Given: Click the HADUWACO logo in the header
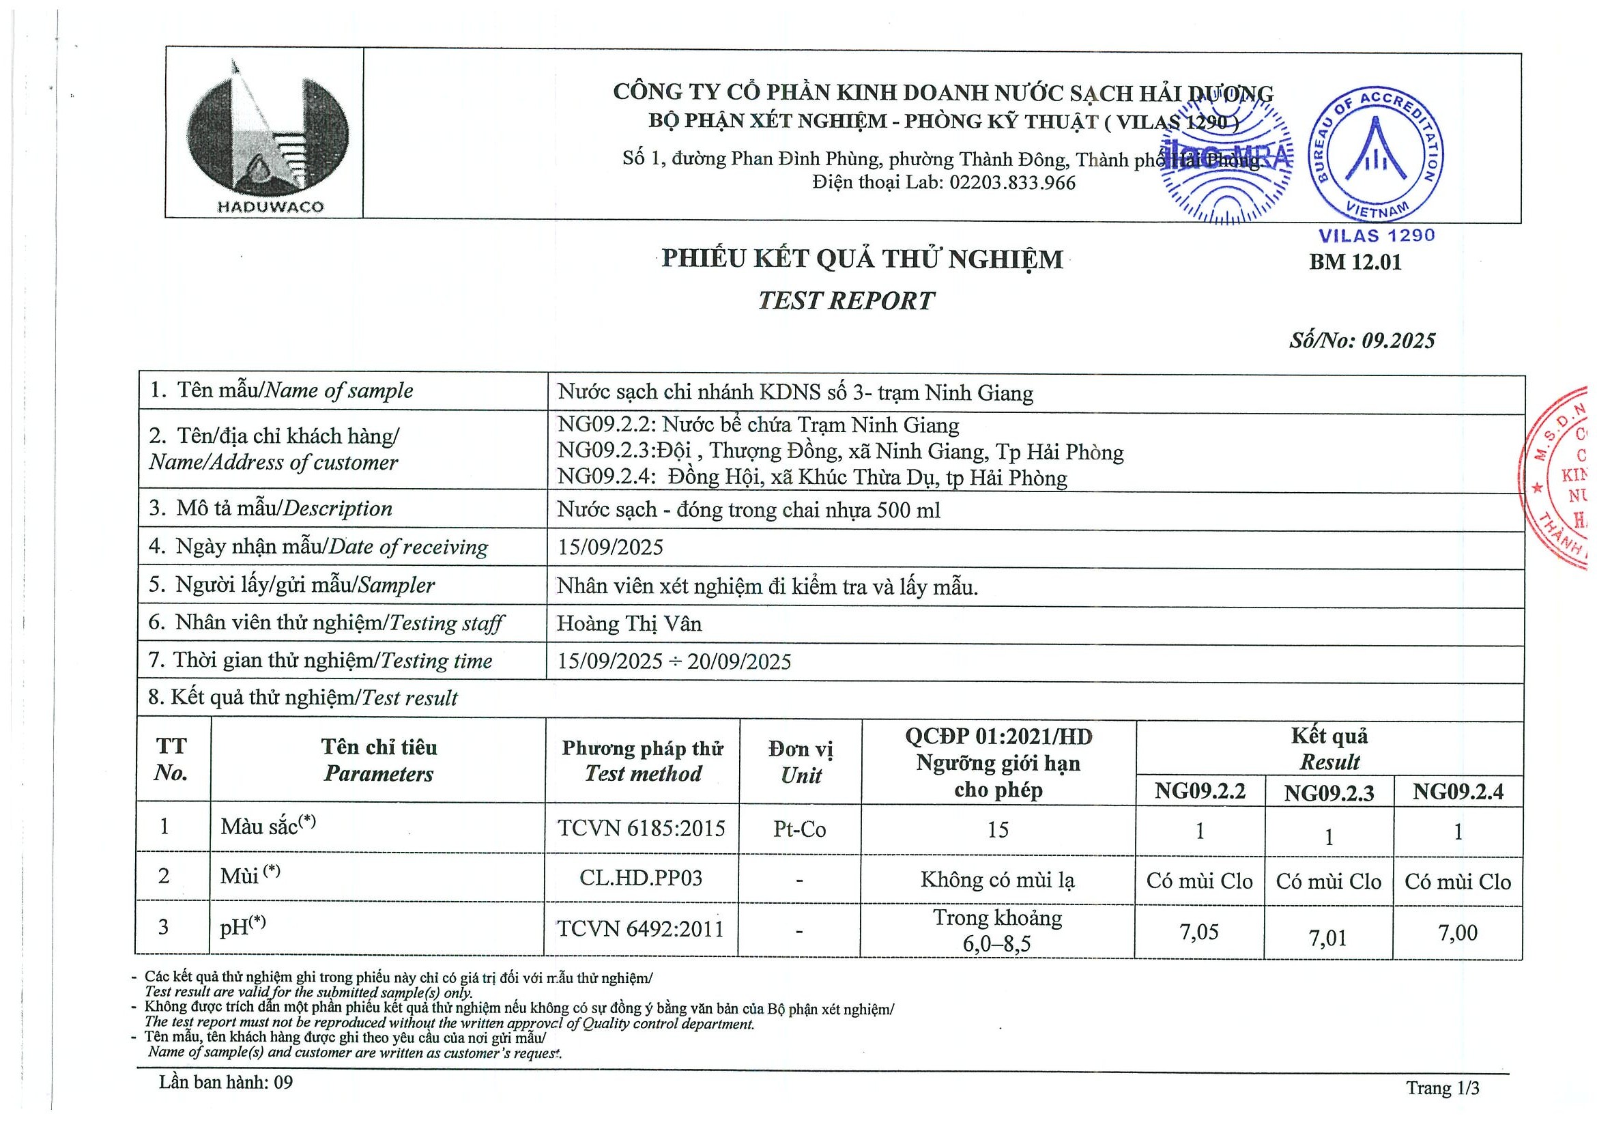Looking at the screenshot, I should coord(268,136).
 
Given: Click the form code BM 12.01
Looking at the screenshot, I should coord(1355,262).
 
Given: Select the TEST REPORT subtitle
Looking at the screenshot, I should coord(846,300).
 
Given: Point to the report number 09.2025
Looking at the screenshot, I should coord(1398,340).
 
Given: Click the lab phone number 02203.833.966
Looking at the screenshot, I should coord(1012,183).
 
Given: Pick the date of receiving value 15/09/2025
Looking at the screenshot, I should coord(610,547).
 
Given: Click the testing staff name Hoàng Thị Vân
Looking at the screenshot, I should coord(629,623).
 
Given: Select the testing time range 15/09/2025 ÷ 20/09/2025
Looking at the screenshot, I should coord(674,661).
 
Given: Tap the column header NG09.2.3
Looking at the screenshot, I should coord(1329,793).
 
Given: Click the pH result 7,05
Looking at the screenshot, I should coord(1199,932).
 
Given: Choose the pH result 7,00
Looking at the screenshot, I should coord(1458,933).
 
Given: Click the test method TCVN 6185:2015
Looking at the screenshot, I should coord(642,829).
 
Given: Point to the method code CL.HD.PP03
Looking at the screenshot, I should coord(642,878).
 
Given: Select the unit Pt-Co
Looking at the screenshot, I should coord(800,829).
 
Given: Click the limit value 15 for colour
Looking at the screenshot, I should coord(998,830).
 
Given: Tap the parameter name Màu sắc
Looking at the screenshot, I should coord(259,827).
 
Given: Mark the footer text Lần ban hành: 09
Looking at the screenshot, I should coord(226,1083).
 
